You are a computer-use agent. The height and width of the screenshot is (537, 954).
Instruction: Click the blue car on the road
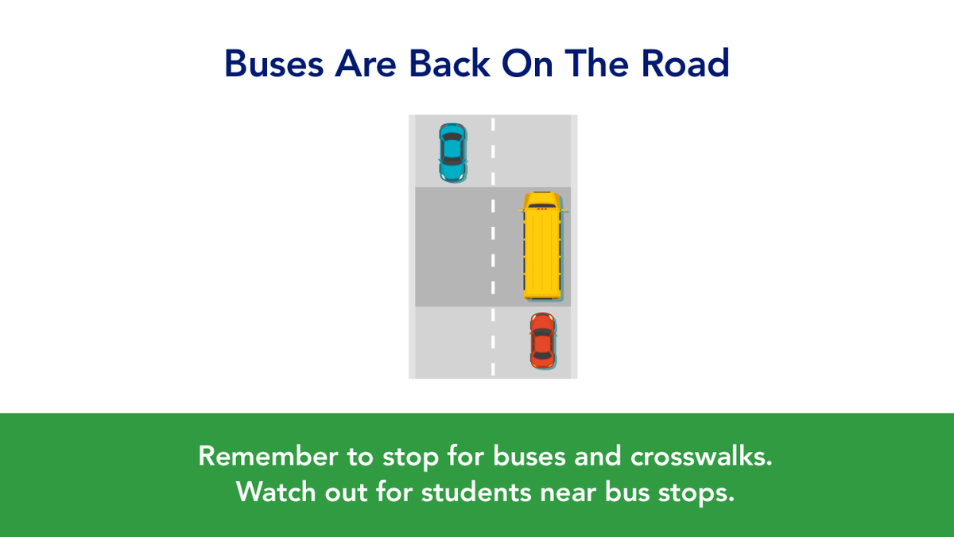coord(452,152)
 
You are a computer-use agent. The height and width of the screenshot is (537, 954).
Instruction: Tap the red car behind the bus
coord(543,340)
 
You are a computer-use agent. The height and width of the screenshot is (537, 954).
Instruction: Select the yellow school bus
coord(544,247)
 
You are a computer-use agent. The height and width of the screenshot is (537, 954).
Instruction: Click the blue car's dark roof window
coord(452,148)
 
